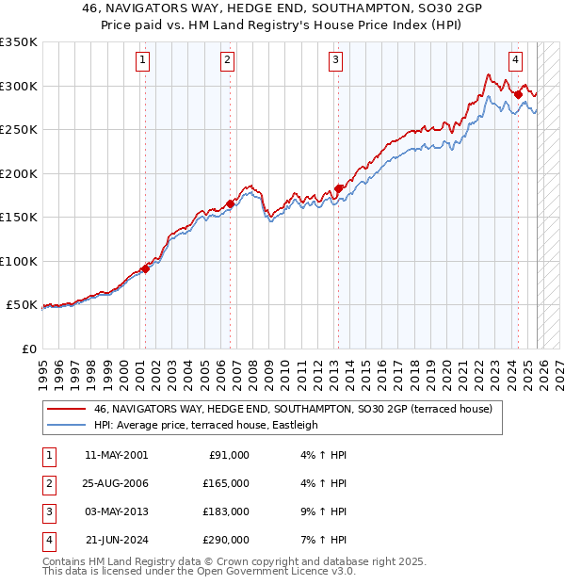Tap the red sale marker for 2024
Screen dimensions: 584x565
[518, 94]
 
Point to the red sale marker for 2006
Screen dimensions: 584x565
[230, 203]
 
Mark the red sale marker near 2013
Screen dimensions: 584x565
[338, 188]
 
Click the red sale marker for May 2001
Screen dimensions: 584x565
[145, 268]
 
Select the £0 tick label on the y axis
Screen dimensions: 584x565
[29, 349]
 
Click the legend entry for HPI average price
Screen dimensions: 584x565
[205, 425]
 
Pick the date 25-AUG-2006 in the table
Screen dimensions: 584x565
[115, 482]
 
